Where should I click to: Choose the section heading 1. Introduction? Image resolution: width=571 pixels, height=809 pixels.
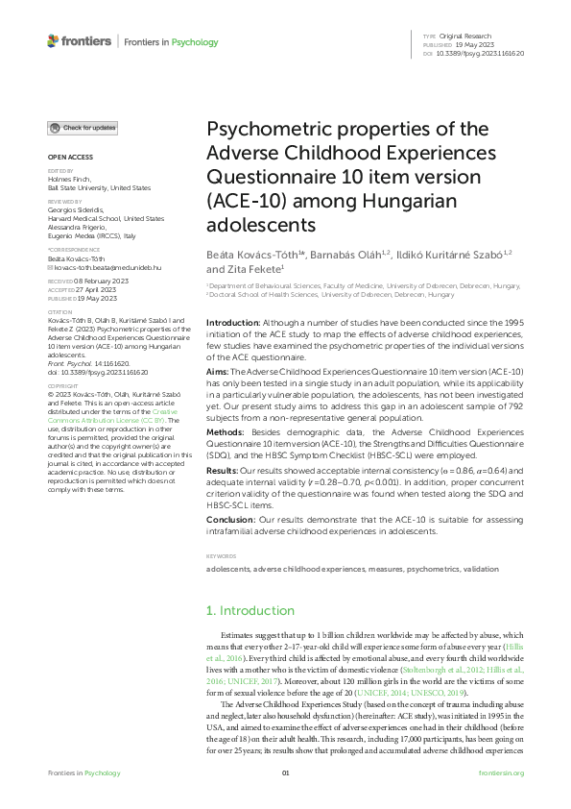click(x=251, y=610)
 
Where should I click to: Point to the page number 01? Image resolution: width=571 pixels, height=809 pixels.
click(x=285, y=772)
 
